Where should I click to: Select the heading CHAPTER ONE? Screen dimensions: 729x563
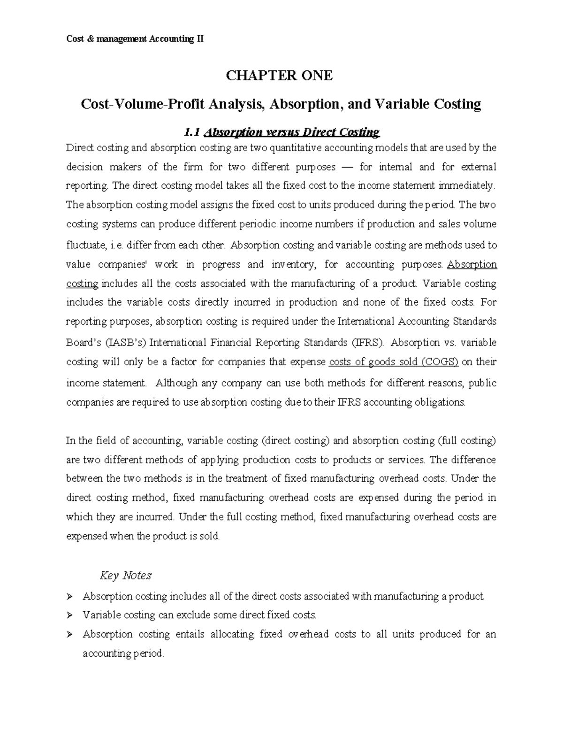(280, 76)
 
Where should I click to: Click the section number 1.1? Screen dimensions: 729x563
(191, 133)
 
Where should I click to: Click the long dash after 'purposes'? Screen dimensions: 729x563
(348, 167)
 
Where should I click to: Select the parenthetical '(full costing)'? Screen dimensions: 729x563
(467, 441)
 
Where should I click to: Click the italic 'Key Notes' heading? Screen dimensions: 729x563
(126, 576)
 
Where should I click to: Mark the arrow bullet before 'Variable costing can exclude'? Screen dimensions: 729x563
(70, 615)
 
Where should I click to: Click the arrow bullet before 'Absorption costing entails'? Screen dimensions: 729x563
(70, 635)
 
